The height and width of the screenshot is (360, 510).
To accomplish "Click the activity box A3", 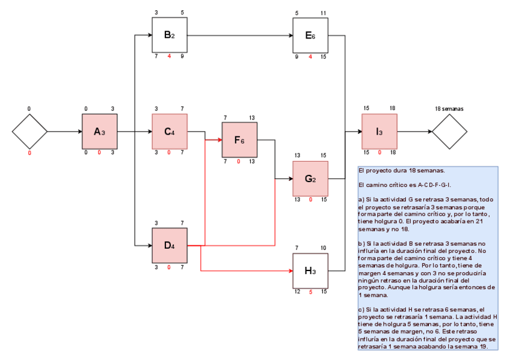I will [x=100, y=132].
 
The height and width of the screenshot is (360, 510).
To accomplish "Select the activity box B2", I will [x=169, y=35].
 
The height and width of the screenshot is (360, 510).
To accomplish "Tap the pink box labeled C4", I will [x=169, y=132].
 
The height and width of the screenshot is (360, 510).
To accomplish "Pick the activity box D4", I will [x=169, y=245].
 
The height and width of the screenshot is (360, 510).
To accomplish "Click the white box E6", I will [x=310, y=35].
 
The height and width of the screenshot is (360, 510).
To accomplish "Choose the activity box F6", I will [x=239, y=140].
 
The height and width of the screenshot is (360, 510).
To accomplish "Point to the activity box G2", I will [x=310, y=178].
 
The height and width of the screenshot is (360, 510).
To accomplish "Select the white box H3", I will [x=310, y=270].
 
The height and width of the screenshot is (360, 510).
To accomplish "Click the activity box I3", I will [x=379, y=132].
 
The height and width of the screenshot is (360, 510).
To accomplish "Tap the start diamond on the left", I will [x=29, y=132].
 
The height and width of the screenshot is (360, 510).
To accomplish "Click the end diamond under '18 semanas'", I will [x=449, y=132].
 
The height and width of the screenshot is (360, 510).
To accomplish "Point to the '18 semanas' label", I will [x=449, y=109].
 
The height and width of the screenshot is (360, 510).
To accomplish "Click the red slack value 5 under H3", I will [x=310, y=292].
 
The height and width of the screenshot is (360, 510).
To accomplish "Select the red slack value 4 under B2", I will [x=169, y=56].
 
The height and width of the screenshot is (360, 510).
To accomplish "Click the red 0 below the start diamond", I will [x=29, y=153].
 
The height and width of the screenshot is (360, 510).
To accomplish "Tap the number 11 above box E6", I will [x=324, y=13].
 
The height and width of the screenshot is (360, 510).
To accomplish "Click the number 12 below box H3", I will [x=297, y=292].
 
